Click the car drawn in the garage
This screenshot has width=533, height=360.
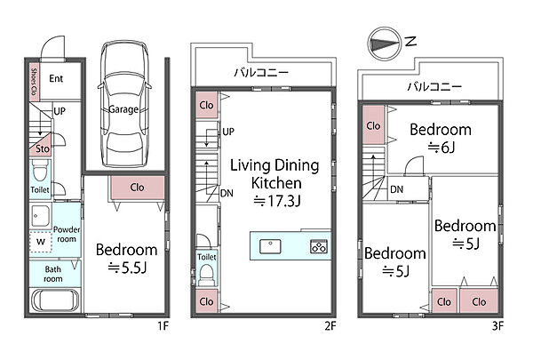coord(124,105)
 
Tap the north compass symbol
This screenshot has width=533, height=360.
coord(385,44)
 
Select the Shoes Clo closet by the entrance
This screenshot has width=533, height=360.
coord(35,82)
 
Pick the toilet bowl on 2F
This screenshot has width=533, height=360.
coord(206,275)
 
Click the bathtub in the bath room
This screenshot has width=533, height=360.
coord(55,300)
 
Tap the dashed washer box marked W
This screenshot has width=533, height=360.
coord(41,242)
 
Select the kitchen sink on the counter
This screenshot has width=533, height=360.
coord(270,246)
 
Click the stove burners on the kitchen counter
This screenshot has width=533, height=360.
coord(319,246)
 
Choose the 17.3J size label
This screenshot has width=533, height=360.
coord(277,201)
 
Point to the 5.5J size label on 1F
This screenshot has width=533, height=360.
coord(127,268)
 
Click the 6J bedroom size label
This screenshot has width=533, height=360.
coord(442,148)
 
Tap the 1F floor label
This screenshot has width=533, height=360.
coord(163,326)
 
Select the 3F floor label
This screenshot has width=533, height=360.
coord(497,326)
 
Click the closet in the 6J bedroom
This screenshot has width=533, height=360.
coord(374,124)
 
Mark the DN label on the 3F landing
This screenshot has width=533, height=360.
coord(397,189)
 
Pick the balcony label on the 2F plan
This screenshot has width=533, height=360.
coord(261,73)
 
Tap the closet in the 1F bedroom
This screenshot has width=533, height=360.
coord(138,188)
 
